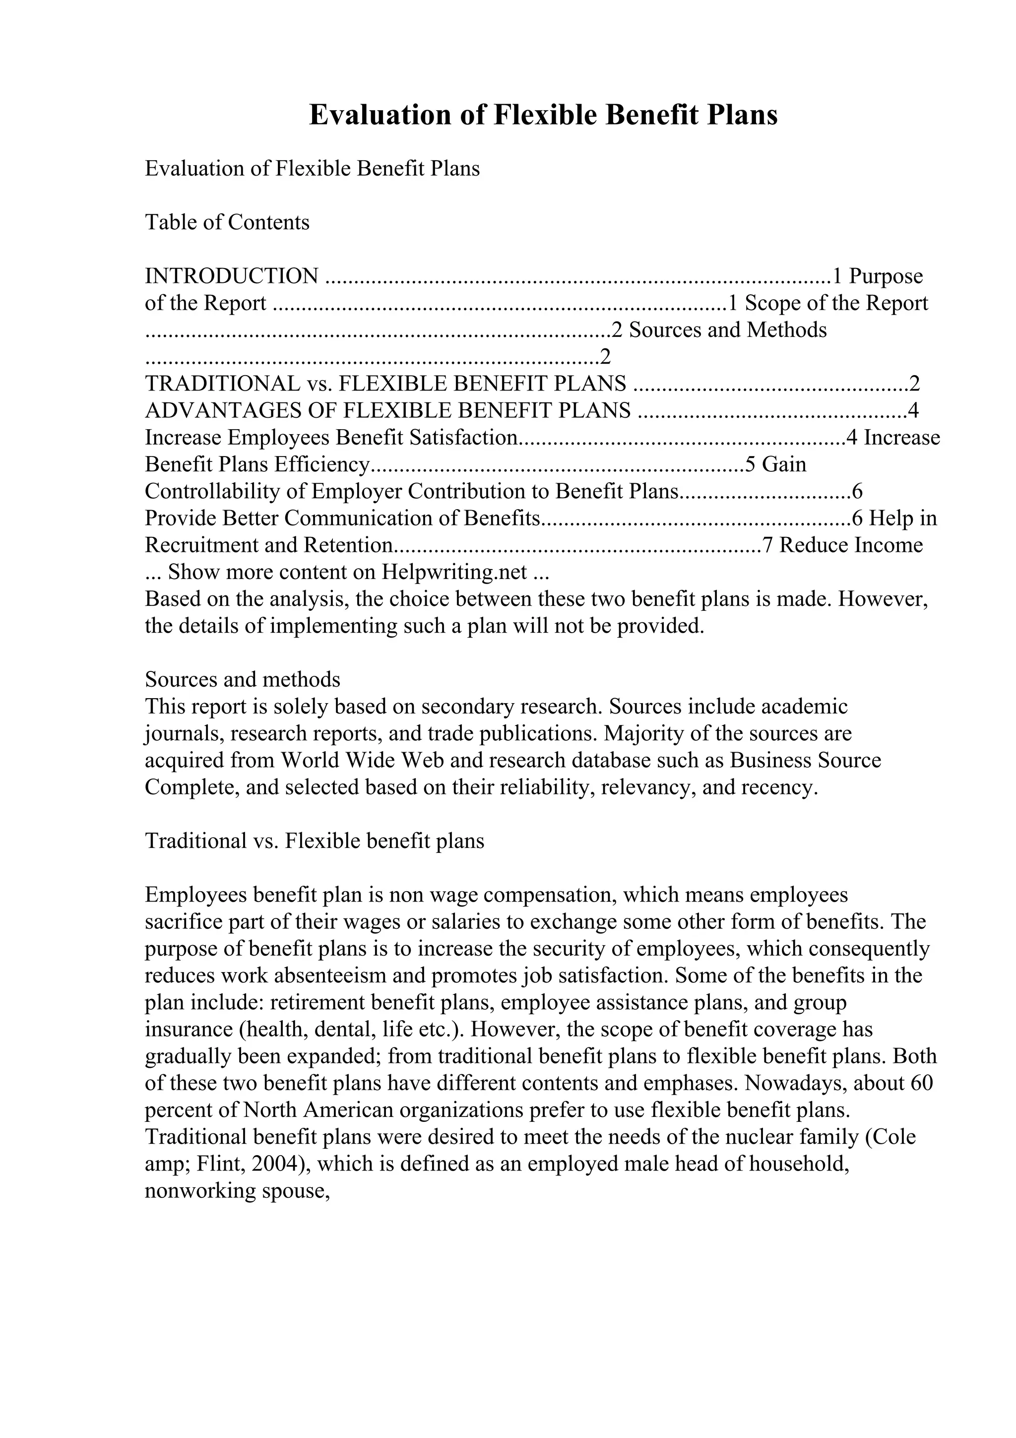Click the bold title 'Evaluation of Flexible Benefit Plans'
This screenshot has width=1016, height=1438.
tap(543, 115)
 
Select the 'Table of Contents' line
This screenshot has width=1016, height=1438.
tap(227, 222)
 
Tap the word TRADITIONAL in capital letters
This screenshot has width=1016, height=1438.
tap(222, 383)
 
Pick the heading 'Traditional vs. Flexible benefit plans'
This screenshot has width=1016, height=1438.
tap(314, 841)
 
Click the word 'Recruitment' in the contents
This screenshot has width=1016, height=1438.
tap(201, 545)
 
